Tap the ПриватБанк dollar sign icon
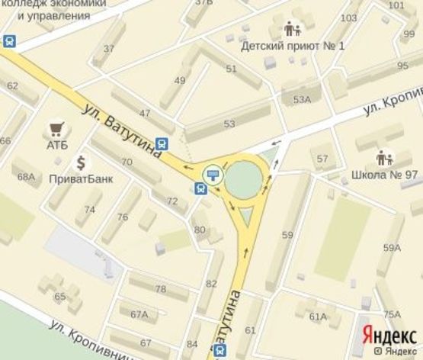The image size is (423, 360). point(80,162)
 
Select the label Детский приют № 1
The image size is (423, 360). point(293,46)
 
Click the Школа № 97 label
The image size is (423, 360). point(384,175)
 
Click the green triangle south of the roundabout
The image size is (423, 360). point(245,220)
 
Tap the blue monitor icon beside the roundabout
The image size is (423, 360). point(213,172)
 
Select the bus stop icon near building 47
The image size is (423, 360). point(162,143)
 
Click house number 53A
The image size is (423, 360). point(302,99)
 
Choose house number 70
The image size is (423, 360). point(127,162)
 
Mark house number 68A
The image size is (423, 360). point(27,177)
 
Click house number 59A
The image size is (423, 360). point(392,247)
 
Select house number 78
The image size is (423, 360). point(161,289)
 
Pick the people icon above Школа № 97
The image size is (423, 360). point(384,159)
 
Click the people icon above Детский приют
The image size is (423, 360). point(293,29)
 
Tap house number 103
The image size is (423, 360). point(349,18)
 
